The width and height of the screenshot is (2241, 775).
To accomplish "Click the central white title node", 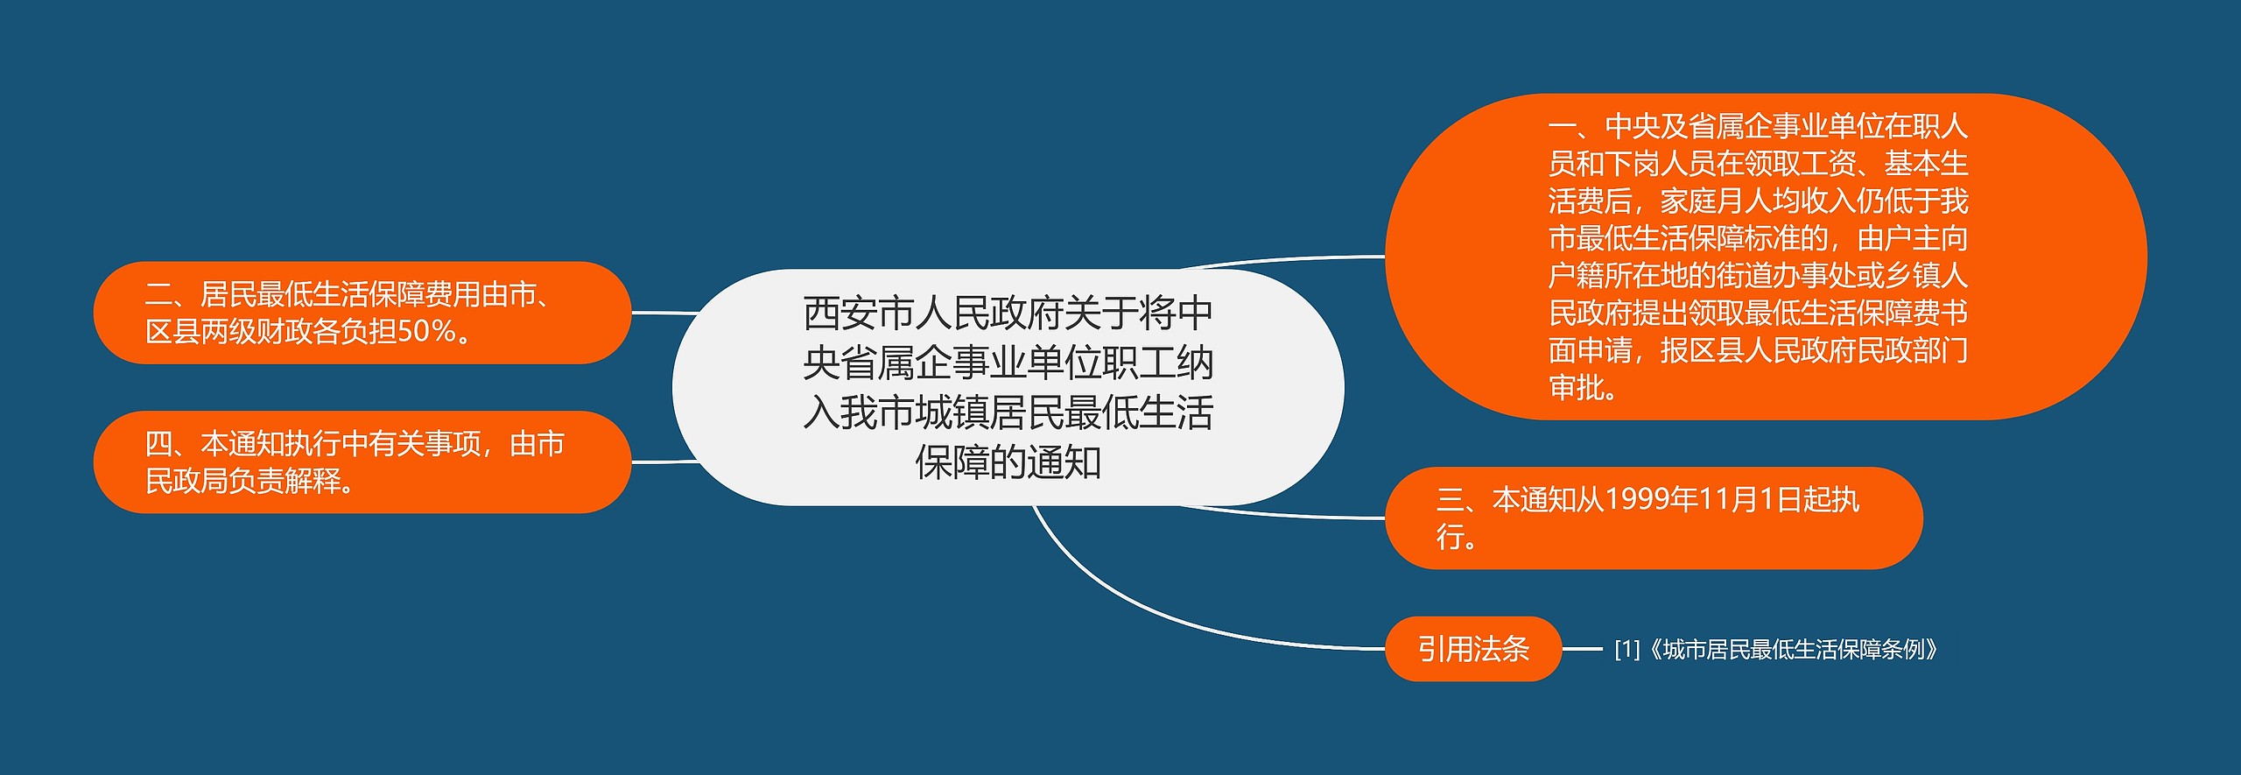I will coord(1007,387).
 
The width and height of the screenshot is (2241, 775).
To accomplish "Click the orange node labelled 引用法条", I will coord(1472,649).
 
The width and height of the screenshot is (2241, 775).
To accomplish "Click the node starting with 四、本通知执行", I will coord(362,461).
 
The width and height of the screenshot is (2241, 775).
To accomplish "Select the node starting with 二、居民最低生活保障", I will coord(362,313).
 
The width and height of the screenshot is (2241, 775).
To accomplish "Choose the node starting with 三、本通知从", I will coord(1653,518).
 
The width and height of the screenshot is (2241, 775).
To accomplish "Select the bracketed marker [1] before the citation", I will coord(1627,650).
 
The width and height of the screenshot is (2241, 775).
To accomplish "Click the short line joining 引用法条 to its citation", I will coord(1582,650).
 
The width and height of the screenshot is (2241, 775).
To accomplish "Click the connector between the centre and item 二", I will coord(664,313).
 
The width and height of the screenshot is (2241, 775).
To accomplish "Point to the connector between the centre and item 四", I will coord(664,461).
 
